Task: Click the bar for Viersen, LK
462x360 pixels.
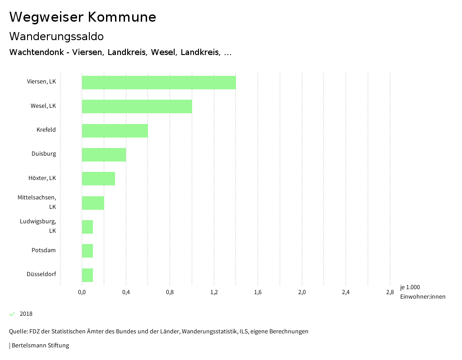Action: pos(159,83)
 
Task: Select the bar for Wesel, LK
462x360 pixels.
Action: pos(137,106)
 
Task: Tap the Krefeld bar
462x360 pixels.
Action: pos(115,131)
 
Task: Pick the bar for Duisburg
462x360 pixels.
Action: pos(104,155)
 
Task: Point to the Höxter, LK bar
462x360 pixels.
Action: pos(98,179)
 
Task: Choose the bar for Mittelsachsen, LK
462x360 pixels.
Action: pos(93,203)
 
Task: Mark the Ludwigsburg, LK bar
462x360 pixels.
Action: pos(88,227)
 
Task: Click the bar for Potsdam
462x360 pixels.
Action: pos(88,251)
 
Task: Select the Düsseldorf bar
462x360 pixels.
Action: pos(88,275)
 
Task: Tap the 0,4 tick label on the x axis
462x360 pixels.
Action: pos(126,292)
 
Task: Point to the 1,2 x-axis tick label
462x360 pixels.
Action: pos(214,292)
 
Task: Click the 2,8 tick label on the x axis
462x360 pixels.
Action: pos(390,292)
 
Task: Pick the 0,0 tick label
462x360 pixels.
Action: pos(82,292)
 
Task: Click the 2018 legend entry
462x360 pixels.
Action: pos(26,314)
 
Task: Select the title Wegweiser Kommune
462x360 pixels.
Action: pos(83,17)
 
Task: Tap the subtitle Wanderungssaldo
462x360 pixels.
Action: pos(56,36)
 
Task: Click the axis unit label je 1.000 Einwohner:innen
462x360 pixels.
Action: pos(422,292)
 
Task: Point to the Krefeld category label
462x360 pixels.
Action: pos(46,130)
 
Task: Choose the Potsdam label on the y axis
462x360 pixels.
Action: pos(44,250)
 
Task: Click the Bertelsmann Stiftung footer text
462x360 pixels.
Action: pos(39,346)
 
